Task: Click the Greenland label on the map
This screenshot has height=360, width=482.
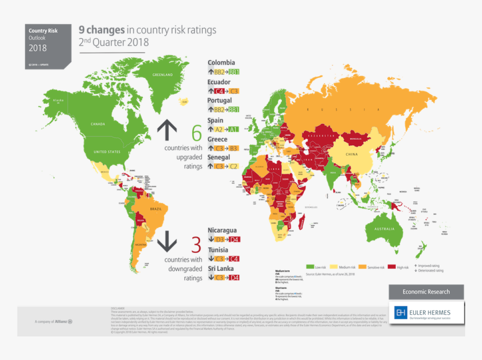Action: (163, 75)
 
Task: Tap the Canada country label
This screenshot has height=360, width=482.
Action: (98, 124)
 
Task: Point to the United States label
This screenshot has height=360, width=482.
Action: (106, 152)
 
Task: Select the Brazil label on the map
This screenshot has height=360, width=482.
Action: (156, 209)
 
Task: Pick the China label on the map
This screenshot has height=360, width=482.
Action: (351, 154)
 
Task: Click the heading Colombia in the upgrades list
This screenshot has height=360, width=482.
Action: (221, 63)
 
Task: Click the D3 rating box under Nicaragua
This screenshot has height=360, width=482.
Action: (219, 239)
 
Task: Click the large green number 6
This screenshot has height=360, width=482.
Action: (196, 133)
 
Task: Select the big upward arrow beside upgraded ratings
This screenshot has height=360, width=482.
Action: (166, 130)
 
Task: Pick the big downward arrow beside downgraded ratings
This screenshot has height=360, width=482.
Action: (166, 242)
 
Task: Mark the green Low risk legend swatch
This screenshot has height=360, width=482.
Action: (309, 267)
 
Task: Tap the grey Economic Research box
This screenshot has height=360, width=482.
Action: (426, 292)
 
